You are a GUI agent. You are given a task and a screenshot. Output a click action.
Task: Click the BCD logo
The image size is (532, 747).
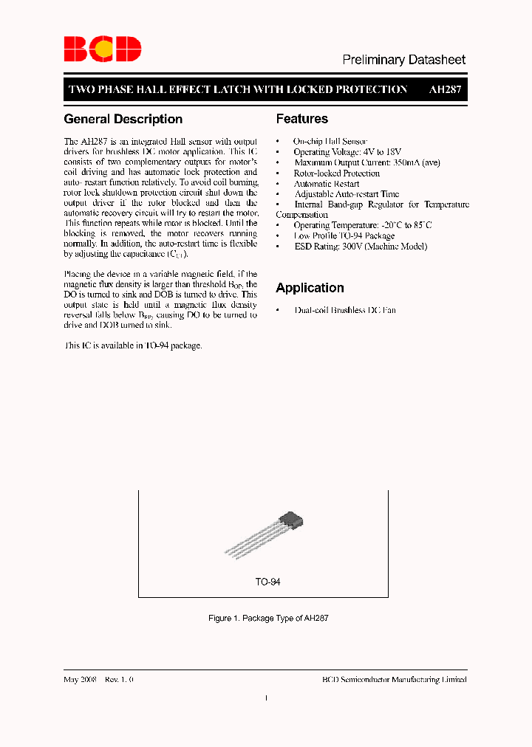point(102,49)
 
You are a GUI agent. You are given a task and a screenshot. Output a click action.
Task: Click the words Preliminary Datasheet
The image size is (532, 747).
point(403,60)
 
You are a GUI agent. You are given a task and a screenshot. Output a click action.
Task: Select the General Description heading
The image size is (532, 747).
point(123,119)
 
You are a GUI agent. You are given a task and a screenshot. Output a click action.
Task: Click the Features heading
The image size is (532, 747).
point(301,119)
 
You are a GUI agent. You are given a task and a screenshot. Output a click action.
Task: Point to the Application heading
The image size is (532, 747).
point(310,288)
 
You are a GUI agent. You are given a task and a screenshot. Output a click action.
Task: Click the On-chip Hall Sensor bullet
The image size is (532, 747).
point(330,141)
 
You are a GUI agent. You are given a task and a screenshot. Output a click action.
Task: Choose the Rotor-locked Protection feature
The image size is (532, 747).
point(336,173)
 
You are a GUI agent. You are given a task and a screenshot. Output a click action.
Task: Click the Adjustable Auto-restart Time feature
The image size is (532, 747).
point(346,194)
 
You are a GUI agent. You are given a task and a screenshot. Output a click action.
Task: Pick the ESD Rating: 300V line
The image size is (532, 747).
point(360,247)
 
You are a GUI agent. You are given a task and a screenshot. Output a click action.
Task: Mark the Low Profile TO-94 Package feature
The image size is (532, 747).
point(344,236)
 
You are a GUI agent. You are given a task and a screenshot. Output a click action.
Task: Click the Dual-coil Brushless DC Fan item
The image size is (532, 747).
point(344,310)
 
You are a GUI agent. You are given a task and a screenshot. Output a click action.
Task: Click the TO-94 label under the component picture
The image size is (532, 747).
point(267,582)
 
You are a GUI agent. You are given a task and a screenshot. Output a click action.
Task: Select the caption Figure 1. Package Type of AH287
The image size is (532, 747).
point(268,618)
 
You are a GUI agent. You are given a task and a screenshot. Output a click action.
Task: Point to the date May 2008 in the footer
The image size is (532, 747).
point(81,680)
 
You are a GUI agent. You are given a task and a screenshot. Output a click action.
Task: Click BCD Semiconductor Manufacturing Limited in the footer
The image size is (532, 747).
point(395,680)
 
